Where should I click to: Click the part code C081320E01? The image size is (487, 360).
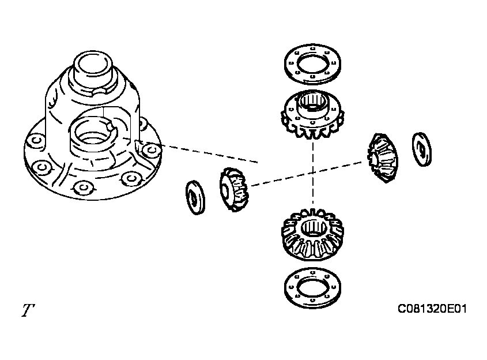click(432, 309)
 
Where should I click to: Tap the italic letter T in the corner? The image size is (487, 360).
click(28, 310)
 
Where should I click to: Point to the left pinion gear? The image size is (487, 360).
click(234, 189)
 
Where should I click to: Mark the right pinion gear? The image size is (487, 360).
click(383, 158)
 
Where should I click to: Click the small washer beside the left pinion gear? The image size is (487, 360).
click(195, 197)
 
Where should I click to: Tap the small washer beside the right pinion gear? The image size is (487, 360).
click(422, 149)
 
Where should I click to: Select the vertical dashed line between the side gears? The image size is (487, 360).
click(313, 174)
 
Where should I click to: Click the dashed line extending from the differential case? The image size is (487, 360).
click(209, 153)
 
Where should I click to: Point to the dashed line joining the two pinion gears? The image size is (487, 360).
click(306, 174)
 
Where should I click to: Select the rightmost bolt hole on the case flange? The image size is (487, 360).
click(151, 151)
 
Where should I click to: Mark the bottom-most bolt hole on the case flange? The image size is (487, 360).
click(82, 187)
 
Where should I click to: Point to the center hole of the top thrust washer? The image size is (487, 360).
click(313, 64)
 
